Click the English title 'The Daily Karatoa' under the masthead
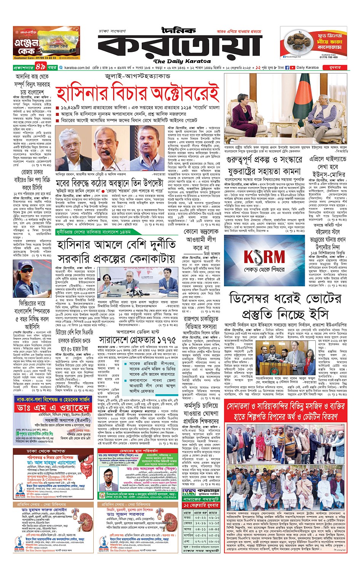point(182,61)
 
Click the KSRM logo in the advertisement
point(264,257)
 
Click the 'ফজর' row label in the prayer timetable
point(187,517)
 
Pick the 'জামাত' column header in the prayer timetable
point(214,512)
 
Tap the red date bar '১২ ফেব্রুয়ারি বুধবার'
point(202,505)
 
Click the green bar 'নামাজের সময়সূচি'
point(201,499)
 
